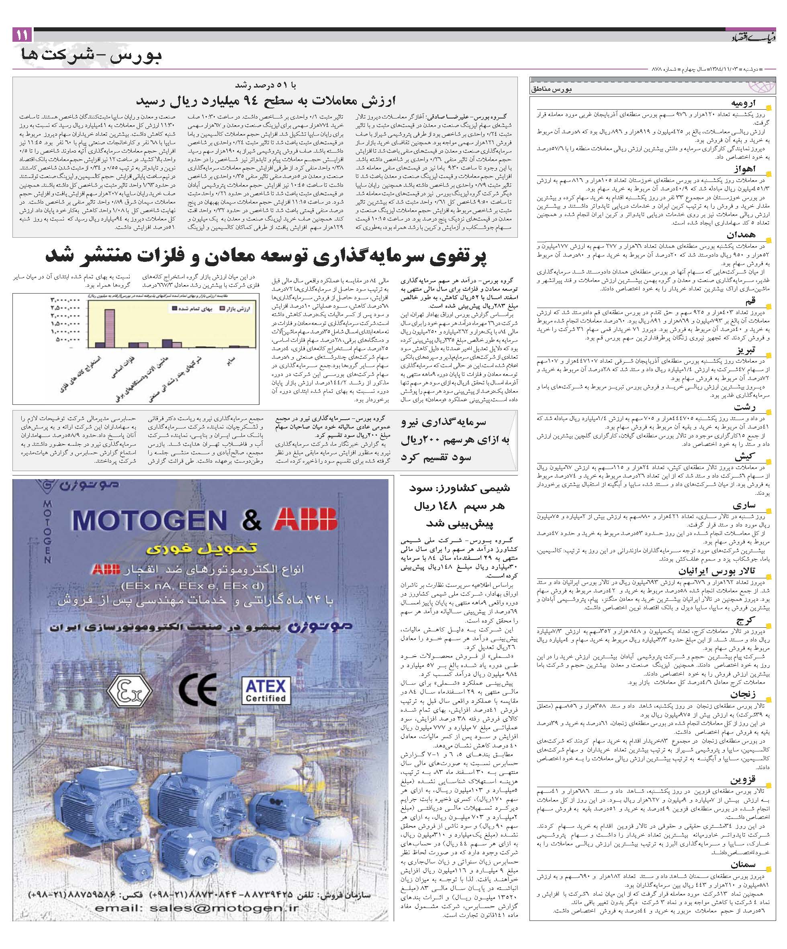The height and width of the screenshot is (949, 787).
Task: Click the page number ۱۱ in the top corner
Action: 21,35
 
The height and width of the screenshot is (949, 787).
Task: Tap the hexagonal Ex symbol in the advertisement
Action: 129,692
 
